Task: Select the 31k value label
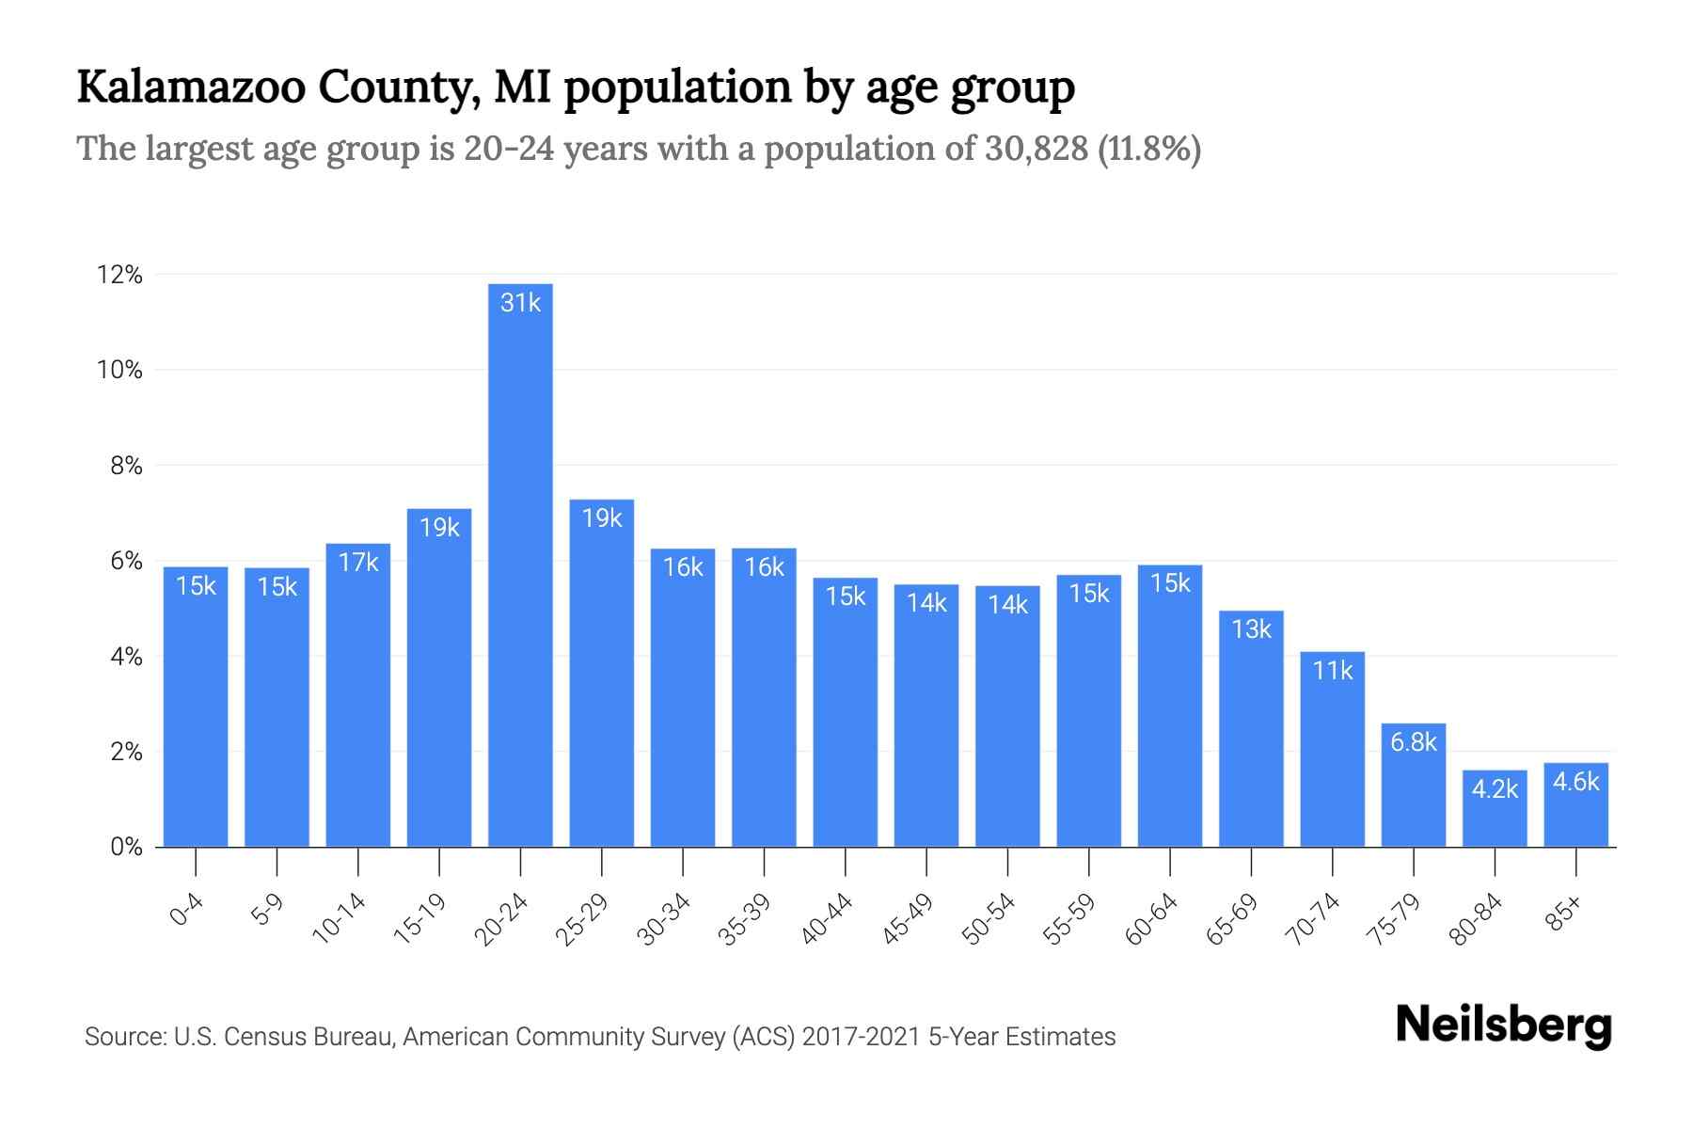(x=520, y=303)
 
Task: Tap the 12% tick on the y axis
(x=119, y=275)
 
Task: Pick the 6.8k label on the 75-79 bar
(x=1414, y=742)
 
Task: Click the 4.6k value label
(x=1575, y=782)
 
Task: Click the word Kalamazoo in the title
(x=191, y=87)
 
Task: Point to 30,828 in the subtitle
(x=1036, y=149)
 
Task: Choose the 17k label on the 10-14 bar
(x=358, y=563)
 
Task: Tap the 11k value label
(x=1333, y=671)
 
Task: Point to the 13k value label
(x=1251, y=629)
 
